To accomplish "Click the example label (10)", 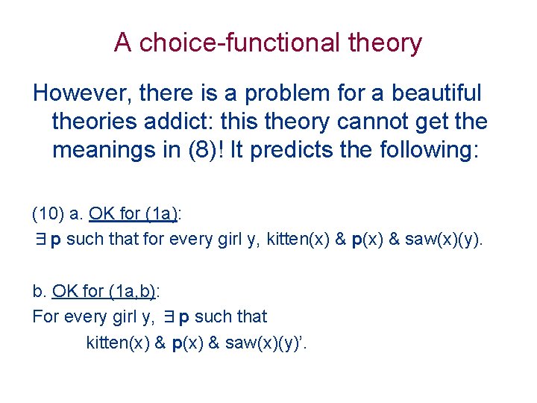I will tap(47, 215).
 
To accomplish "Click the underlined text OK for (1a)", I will tap(133, 215).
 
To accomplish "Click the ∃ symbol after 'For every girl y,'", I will tap(169, 316).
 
